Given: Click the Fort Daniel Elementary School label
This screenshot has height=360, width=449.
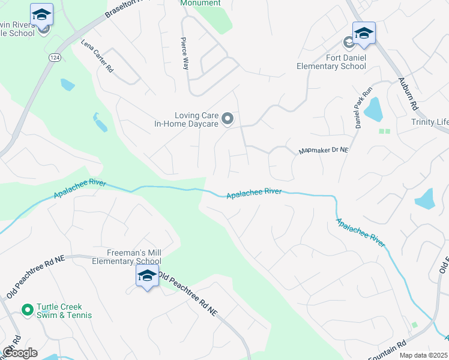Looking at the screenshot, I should click(x=331, y=62).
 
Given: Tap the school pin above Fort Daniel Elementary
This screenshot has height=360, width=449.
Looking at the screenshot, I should click(x=364, y=33).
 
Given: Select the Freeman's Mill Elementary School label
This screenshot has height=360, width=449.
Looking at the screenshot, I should click(x=127, y=257).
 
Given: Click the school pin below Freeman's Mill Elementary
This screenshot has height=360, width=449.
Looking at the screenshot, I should click(x=147, y=277).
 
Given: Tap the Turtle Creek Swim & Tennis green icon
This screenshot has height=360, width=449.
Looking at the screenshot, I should click(x=27, y=310).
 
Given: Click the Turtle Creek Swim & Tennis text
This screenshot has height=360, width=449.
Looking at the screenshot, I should click(x=64, y=311).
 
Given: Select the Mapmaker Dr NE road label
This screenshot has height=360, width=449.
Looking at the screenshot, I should click(x=324, y=151).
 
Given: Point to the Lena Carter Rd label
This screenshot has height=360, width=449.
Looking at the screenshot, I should click(x=97, y=57).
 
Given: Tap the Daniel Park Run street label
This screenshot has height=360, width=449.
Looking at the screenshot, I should click(x=359, y=111).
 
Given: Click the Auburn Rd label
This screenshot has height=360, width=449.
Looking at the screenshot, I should click(x=408, y=95).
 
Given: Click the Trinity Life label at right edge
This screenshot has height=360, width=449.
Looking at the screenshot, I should click(x=429, y=122).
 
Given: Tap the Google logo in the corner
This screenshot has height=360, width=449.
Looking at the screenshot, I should click(x=20, y=353).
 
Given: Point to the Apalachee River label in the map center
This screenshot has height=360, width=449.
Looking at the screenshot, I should click(x=254, y=193).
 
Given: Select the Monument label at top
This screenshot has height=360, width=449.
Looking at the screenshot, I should click(x=200, y=3).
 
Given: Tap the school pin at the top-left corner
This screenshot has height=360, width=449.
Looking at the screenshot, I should click(x=41, y=14).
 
